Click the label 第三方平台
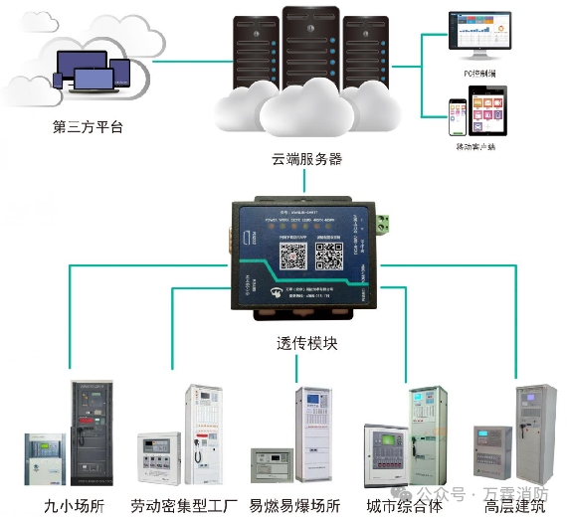(x=88, y=127)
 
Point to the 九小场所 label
(x=73, y=505)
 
